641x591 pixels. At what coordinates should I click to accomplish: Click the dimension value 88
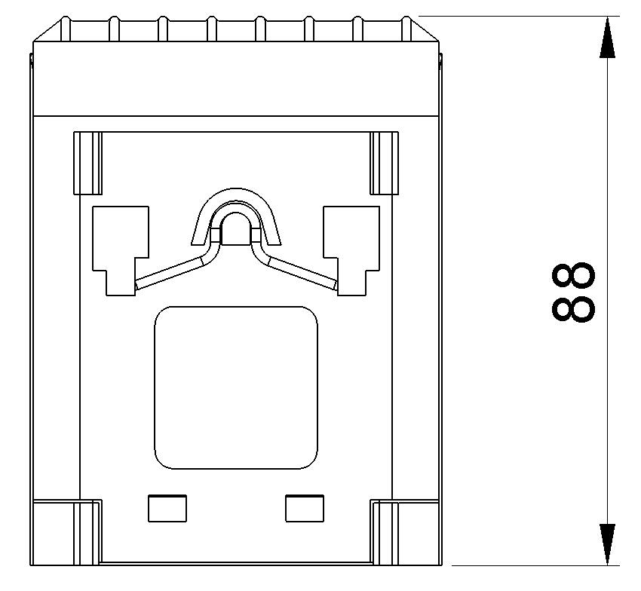(573, 292)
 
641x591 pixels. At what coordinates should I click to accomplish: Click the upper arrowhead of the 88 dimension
(607, 37)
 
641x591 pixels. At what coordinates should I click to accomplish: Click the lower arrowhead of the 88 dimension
(607, 544)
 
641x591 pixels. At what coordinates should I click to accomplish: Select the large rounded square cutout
(236, 387)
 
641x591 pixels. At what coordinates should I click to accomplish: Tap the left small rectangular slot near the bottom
(167, 508)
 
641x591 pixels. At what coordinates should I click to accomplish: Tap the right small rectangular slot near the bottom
(305, 508)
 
